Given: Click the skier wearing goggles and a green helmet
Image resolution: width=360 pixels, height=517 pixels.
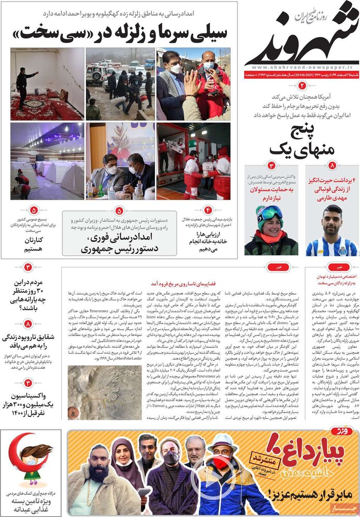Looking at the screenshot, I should click(271, 230).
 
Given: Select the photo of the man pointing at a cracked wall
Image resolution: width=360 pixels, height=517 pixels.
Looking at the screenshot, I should click(47, 84).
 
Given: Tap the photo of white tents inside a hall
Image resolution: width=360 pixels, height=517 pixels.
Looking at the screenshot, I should click(47, 161).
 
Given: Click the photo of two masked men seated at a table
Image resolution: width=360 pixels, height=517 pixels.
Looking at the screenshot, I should click(120, 161).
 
